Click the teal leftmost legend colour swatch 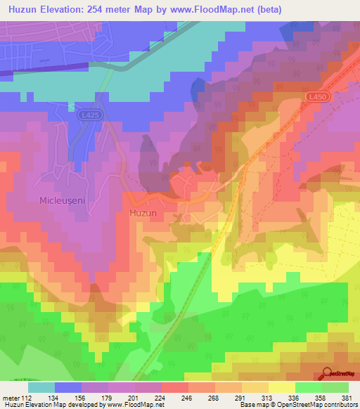point(41,387)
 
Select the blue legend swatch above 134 point(68,387)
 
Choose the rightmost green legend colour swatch point(335,387)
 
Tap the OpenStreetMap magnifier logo point(328,373)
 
